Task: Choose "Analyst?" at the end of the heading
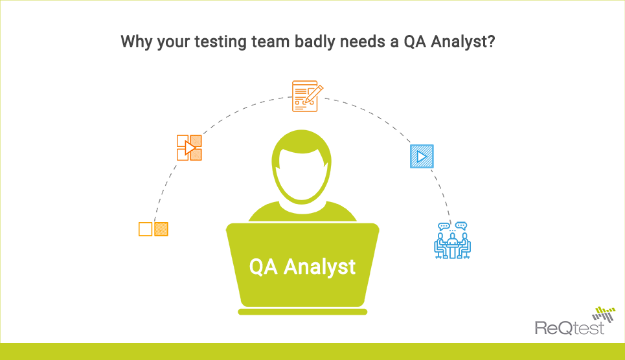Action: coord(464,43)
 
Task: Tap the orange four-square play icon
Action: coord(189,147)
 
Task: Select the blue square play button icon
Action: coord(422,156)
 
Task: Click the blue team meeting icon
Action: coord(452,240)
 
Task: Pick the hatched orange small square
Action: coord(161,229)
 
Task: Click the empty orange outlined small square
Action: coord(145,229)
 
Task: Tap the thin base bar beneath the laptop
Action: coord(302,312)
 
